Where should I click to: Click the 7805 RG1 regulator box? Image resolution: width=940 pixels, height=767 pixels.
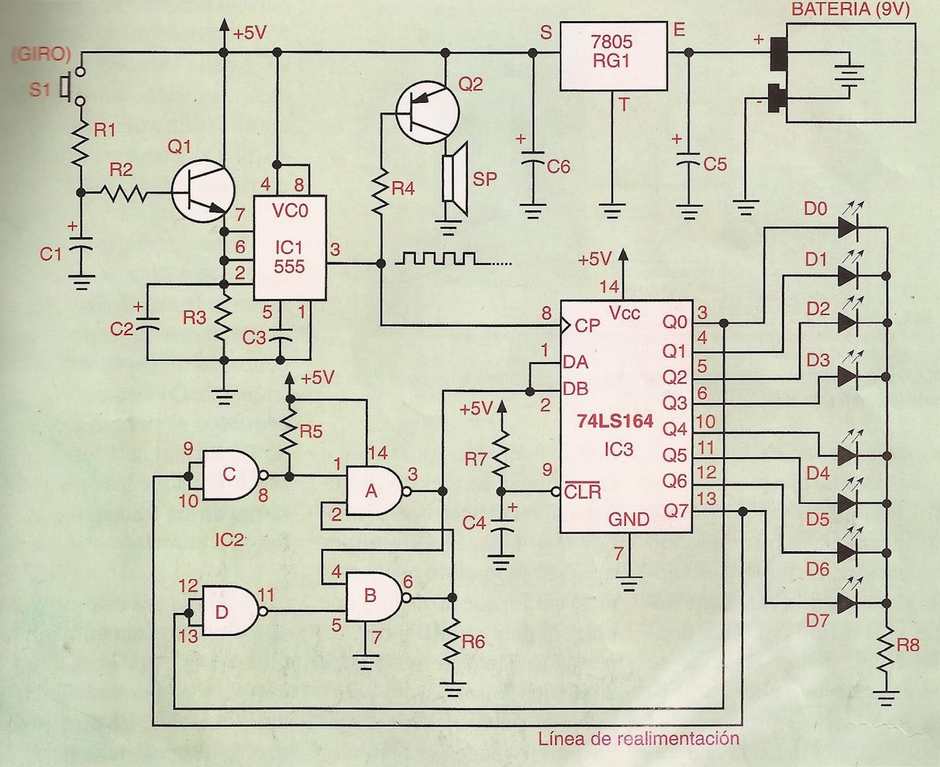pyautogui.click(x=613, y=56)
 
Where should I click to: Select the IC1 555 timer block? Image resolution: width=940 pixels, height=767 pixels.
pyautogui.click(x=289, y=247)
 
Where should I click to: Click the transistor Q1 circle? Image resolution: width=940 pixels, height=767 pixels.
pyautogui.click(x=203, y=191)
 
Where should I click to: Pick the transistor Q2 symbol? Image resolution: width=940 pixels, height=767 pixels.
pyautogui.click(x=427, y=112)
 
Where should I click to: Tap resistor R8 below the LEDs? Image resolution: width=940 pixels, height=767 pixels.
pyautogui.click(x=886, y=652)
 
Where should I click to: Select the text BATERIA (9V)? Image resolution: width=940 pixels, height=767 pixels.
pyautogui.click(x=850, y=10)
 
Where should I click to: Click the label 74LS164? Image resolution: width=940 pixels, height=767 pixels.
pyautogui.click(x=615, y=421)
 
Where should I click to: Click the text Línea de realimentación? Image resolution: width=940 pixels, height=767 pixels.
pyautogui.click(x=638, y=738)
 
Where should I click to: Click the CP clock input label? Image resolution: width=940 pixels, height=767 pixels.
pyautogui.click(x=587, y=325)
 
